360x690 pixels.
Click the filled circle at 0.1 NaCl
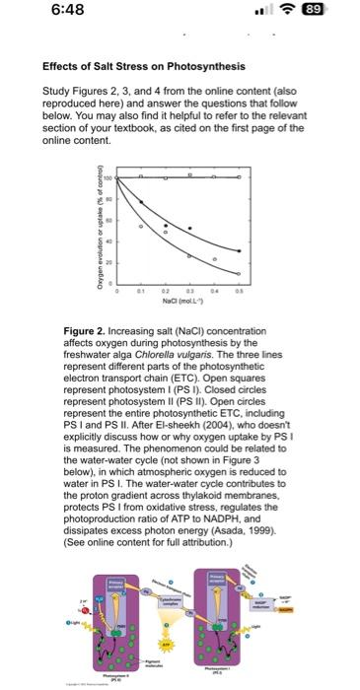[x=140, y=202]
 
